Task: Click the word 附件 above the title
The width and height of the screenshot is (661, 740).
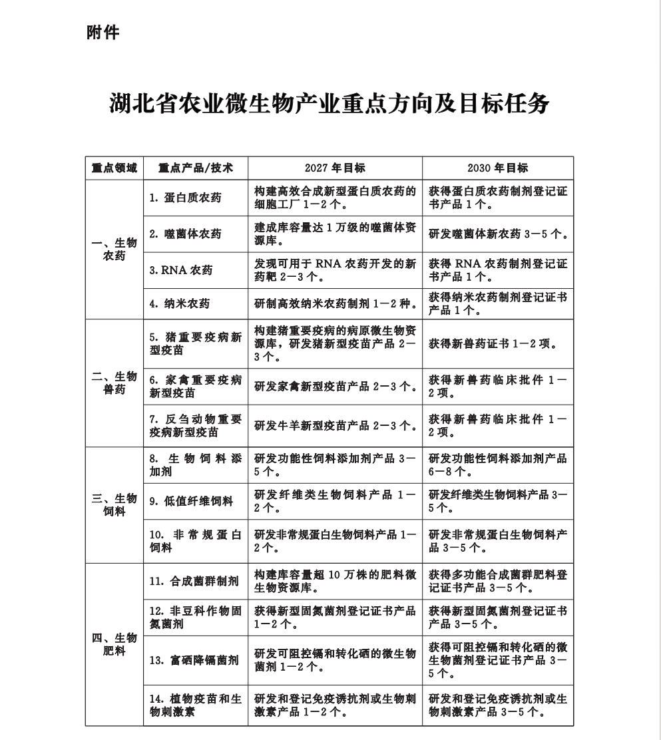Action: click(103, 32)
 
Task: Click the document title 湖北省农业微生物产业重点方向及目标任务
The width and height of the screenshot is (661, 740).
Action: click(330, 104)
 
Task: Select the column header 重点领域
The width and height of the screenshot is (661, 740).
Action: click(114, 168)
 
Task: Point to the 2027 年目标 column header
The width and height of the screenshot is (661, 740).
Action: click(335, 168)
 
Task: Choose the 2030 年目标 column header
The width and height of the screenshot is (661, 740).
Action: click(497, 168)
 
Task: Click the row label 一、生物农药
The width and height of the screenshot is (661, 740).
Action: click(114, 249)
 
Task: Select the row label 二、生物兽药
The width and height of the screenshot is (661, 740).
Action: click(114, 383)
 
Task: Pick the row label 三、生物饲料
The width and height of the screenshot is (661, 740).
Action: click(114, 504)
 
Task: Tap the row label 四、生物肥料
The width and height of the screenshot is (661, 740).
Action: click(114, 644)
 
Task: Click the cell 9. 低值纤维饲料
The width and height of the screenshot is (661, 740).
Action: click(191, 502)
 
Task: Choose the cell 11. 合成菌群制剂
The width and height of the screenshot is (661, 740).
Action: click(194, 581)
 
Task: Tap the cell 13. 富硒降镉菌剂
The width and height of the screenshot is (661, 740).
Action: click(194, 660)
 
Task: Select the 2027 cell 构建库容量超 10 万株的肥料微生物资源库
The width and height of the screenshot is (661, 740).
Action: click(335, 581)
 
